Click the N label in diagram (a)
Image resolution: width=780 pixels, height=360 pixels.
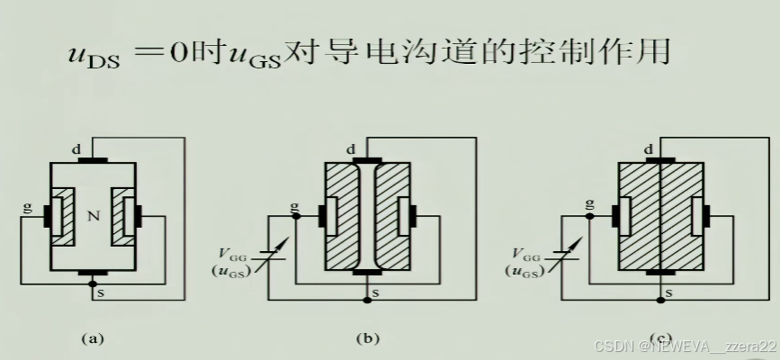click(93, 217)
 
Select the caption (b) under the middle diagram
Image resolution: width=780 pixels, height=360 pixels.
click(368, 339)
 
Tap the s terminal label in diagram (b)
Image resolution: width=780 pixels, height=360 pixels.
click(375, 292)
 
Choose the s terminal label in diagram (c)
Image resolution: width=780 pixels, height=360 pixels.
click(670, 292)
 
